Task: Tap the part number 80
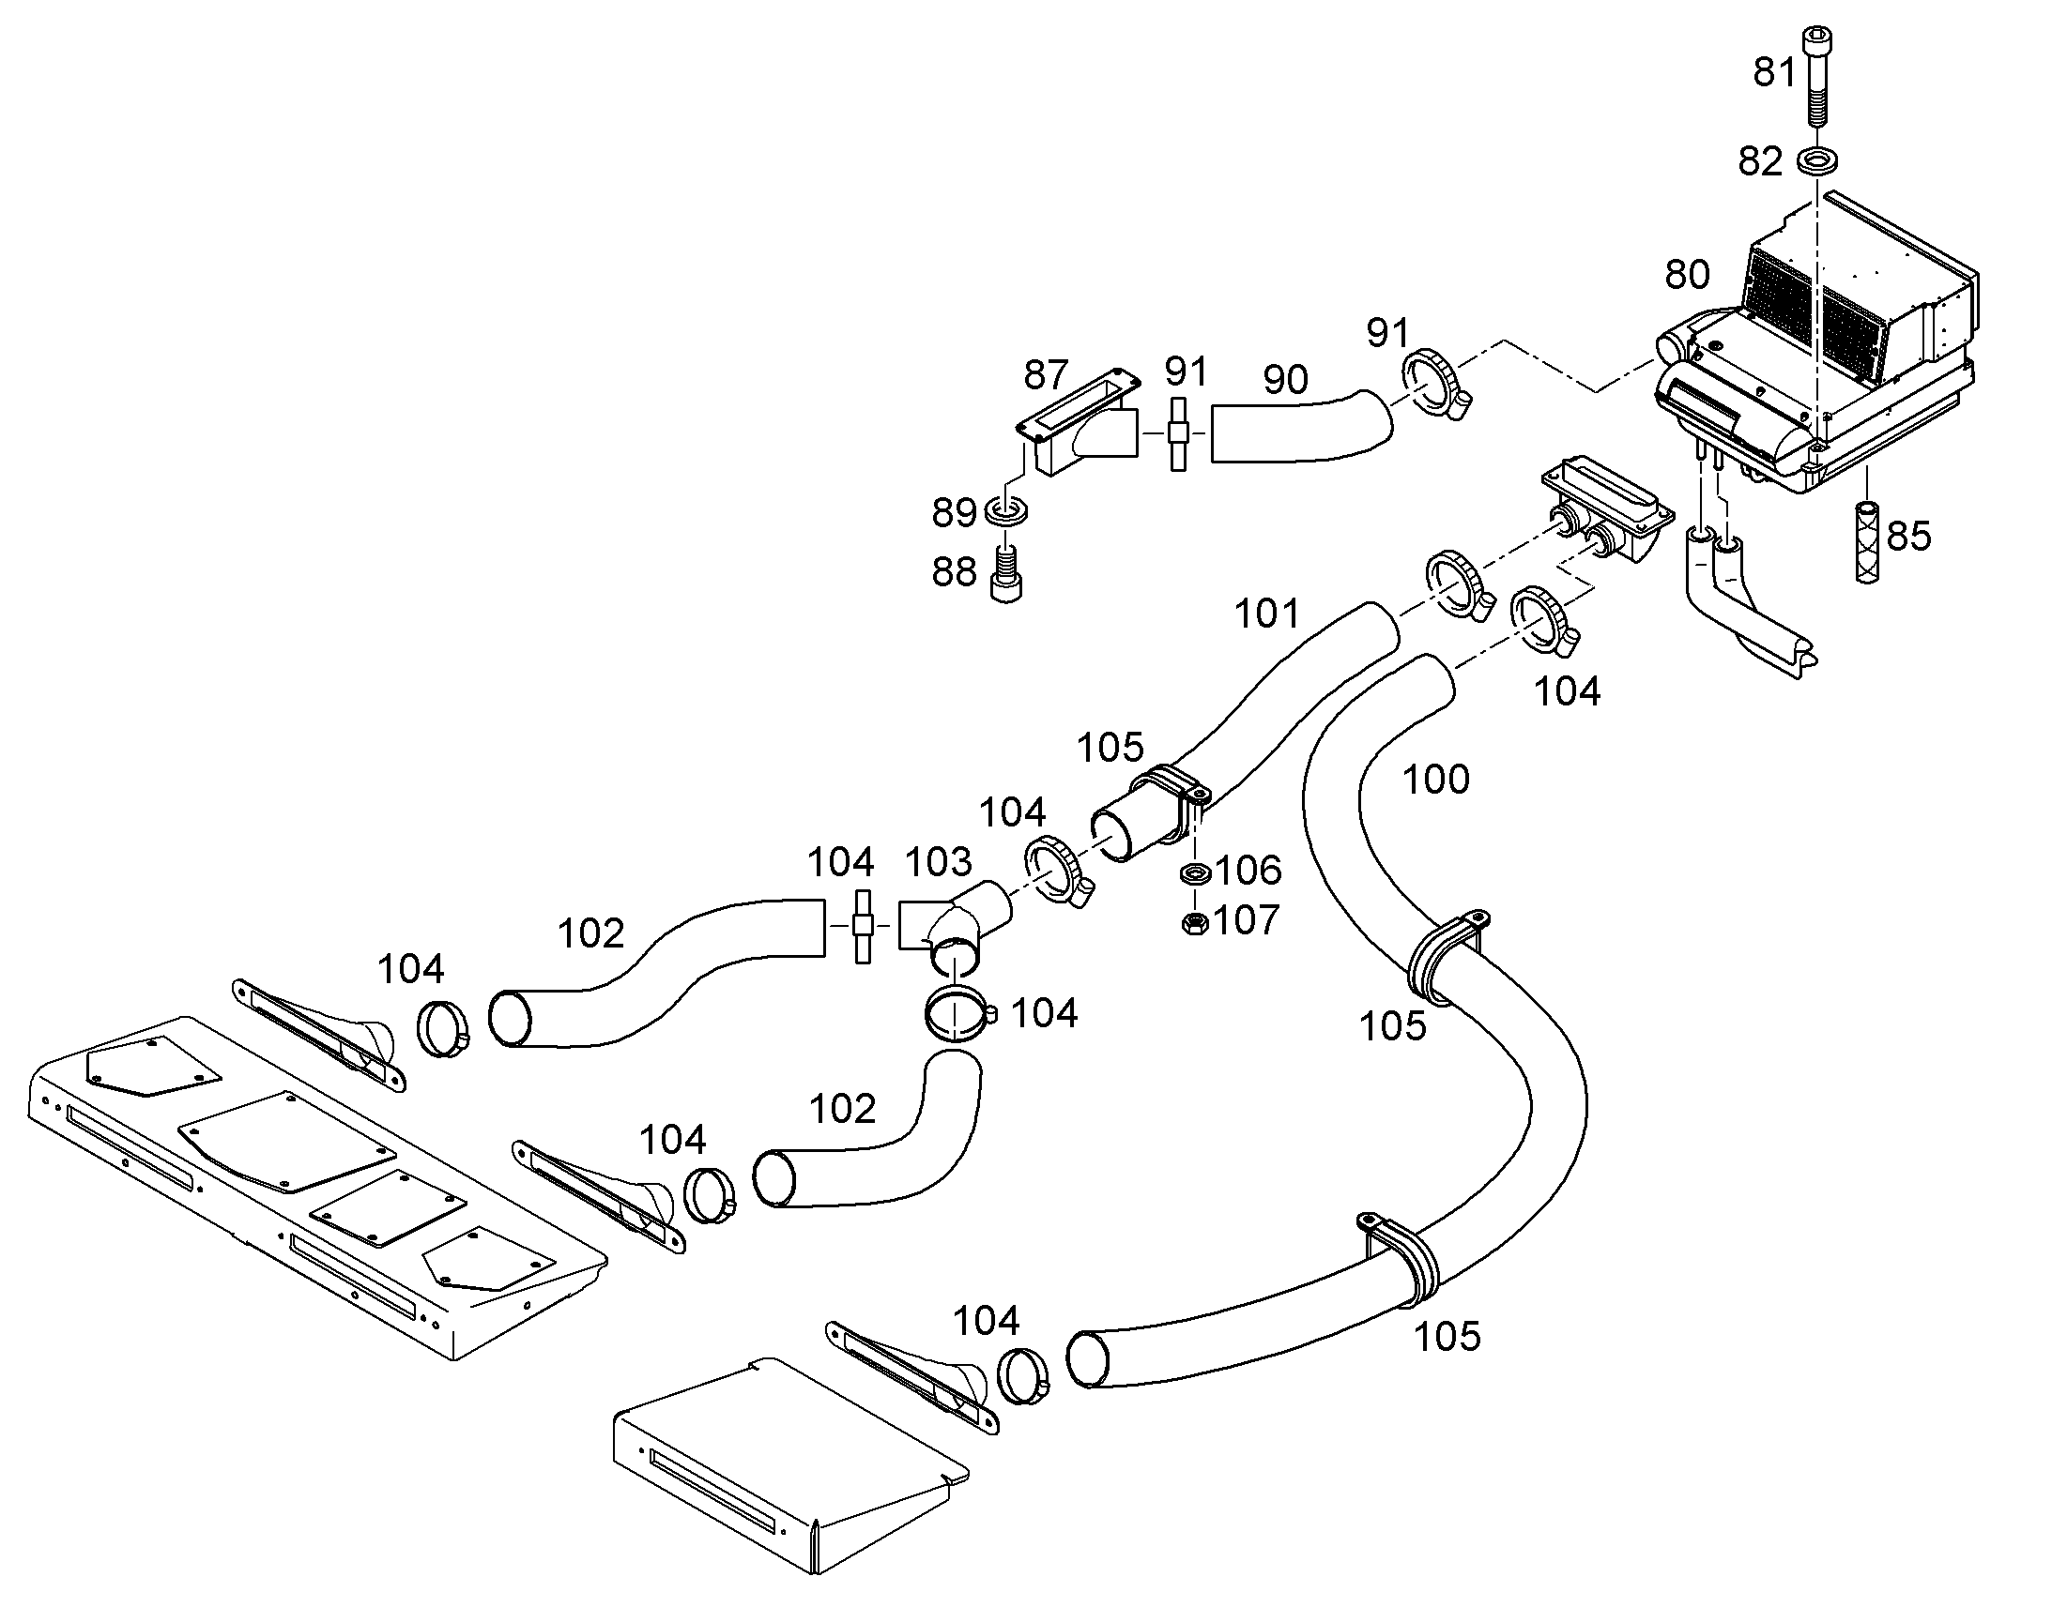pyautogui.click(x=1688, y=275)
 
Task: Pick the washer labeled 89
pyautogui.click(x=1006, y=512)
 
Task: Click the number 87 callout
pyautogui.click(x=1047, y=375)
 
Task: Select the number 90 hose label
pyautogui.click(x=1286, y=380)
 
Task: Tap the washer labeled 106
pyautogui.click(x=1194, y=873)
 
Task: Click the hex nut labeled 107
pyautogui.click(x=1194, y=923)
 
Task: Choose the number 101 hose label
pyautogui.click(x=1267, y=614)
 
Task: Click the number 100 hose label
pyautogui.click(x=1436, y=779)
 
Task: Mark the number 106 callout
pyautogui.click(x=1248, y=871)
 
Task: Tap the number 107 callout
pyautogui.click(x=1247, y=920)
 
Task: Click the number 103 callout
pyautogui.click(x=939, y=862)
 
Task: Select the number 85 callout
pyautogui.click(x=1909, y=537)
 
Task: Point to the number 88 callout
pyautogui.click(x=955, y=572)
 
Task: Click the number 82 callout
pyautogui.click(x=1760, y=162)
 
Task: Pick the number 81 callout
pyautogui.click(x=1775, y=72)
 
